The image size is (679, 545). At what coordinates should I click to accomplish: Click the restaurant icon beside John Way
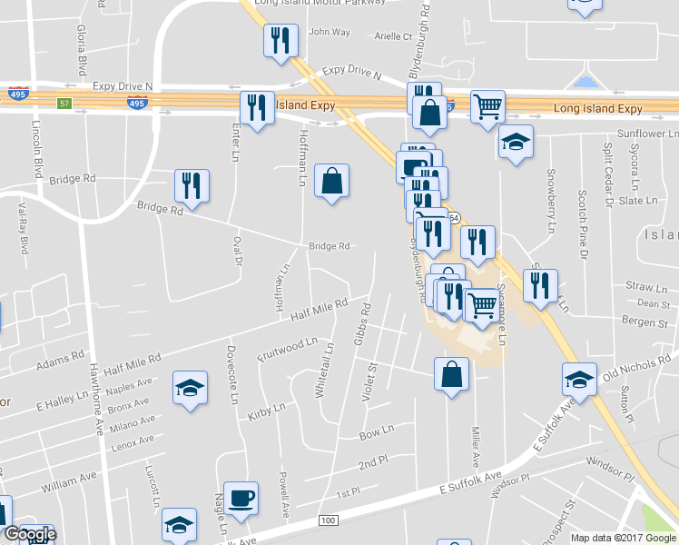[280, 40]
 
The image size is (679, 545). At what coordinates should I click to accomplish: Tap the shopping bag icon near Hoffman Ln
[332, 180]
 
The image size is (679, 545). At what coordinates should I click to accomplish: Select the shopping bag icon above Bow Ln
[451, 374]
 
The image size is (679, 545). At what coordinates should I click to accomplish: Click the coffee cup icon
[241, 498]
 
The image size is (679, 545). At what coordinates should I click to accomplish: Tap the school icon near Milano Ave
[190, 390]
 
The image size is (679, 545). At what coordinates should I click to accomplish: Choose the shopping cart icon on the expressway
[488, 107]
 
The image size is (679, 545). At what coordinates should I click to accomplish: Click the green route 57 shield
[64, 104]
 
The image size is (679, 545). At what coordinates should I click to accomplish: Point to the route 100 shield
[328, 520]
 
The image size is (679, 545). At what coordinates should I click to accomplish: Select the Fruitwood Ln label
[289, 351]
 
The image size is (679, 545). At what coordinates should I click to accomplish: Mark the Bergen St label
[645, 322]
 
